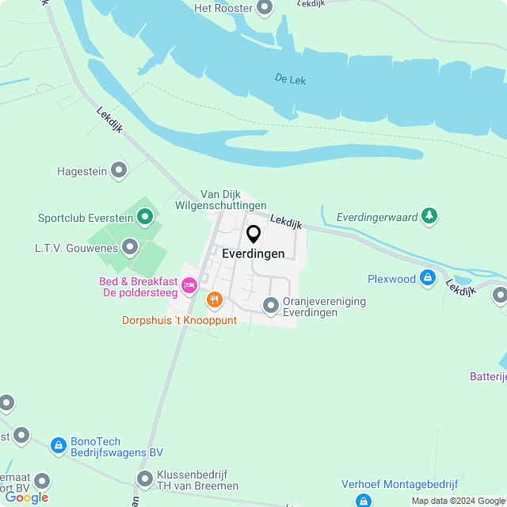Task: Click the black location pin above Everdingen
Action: [253, 234]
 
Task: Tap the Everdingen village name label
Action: [253, 254]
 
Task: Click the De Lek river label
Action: [290, 79]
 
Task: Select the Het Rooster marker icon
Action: [265, 8]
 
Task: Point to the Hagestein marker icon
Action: [119, 170]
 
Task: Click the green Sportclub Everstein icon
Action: [144, 216]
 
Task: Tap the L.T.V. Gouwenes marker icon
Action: [129, 248]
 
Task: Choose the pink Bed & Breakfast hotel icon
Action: [189, 284]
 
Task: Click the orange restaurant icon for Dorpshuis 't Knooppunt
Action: [214, 300]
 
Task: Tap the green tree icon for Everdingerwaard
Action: [429, 215]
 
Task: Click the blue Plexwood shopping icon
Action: [428, 278]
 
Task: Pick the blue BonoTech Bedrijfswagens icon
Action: [58, 446]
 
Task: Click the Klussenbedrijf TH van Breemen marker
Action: [144, 478]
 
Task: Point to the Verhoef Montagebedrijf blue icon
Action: [364, 501]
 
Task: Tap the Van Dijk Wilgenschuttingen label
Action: [233, 200]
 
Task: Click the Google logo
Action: [26, 497]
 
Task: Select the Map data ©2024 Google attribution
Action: [458, 501]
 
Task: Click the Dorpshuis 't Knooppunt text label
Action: [179, 320]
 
